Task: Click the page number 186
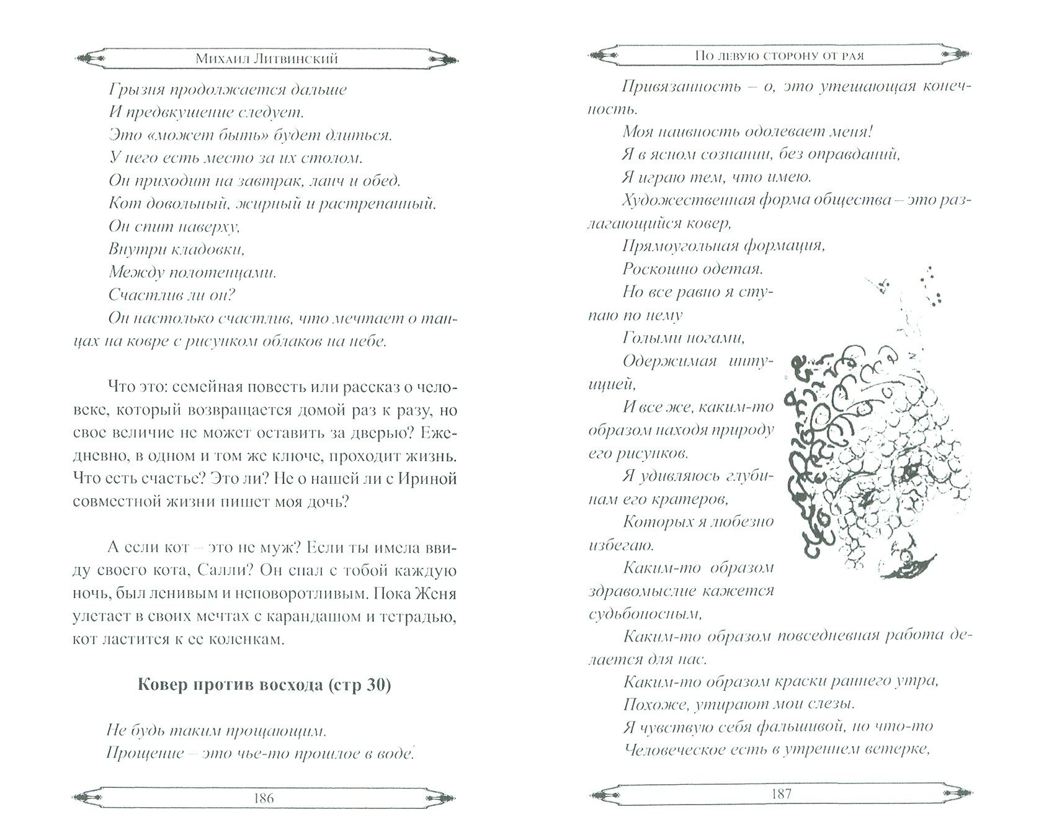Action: pyautogui.click(x=264, y=797)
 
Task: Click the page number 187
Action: pyautogui.click(x=780, y=793)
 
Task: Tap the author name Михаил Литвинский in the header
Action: pyautogui.click(x=264, y=58)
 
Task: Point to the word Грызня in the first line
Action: pyautogui.click(x=133, y=89)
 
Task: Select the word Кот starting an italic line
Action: pyautogui.click(x=122, y=203)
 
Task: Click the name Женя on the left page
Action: pyautogui.click(x=434, y=593)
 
